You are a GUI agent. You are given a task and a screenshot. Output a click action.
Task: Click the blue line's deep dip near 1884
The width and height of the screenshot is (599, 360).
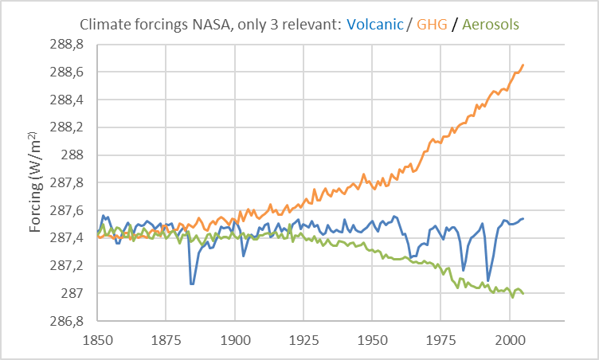(192, 284)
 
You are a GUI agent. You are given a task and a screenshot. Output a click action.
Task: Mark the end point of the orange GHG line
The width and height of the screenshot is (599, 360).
(523, 65)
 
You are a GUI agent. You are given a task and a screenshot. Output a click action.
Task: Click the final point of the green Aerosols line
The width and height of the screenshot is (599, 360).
(523, 293)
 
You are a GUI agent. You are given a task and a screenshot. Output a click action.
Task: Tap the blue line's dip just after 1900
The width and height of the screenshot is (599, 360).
(244, 256)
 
